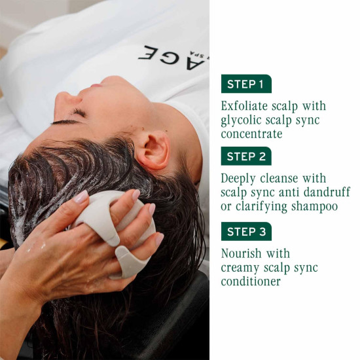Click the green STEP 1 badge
[246, 84]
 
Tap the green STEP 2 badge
[246, 156]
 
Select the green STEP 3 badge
[246, 231]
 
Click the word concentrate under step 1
[251, 134]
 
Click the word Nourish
[242, 253]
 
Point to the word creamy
[240, 268]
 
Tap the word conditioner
[251, 281]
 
